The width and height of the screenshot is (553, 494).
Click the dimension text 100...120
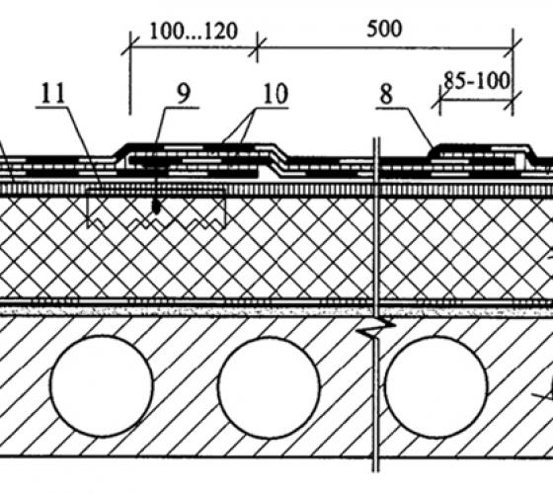pos(194,31)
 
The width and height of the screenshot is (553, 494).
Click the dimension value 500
pos(384,29)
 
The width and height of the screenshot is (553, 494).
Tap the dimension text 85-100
pos(476,81)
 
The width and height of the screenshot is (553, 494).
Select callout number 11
pos(53,93)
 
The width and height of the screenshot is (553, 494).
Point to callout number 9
pos(184,93)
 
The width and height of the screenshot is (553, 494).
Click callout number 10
pos(276,94)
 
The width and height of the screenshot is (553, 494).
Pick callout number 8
pos(386,95)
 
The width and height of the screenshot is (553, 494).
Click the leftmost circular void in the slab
pos(102,386)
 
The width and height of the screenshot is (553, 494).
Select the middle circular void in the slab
pos(269,387)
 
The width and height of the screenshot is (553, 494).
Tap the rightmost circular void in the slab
pos(436,387)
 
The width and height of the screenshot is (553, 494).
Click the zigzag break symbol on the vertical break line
pos(376,328)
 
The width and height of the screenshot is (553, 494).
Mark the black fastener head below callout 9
pos(156,207)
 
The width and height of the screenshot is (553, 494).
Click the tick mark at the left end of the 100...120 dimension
pos(130,46)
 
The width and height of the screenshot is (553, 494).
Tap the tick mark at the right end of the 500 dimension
pos(513,47)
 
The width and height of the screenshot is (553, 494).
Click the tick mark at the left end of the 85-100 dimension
pos(440,100)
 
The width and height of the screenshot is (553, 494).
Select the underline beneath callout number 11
pos(51,107)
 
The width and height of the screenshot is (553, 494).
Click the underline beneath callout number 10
pos(272,108)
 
